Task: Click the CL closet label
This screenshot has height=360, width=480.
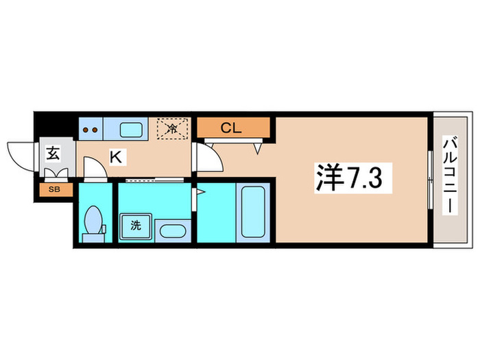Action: click(231, 127)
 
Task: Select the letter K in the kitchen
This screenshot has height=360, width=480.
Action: click(117, 157)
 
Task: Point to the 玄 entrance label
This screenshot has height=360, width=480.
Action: click(53, 153)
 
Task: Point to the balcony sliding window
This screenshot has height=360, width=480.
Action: click(429, 179)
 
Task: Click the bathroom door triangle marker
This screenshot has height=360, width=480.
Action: click(200, 193)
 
